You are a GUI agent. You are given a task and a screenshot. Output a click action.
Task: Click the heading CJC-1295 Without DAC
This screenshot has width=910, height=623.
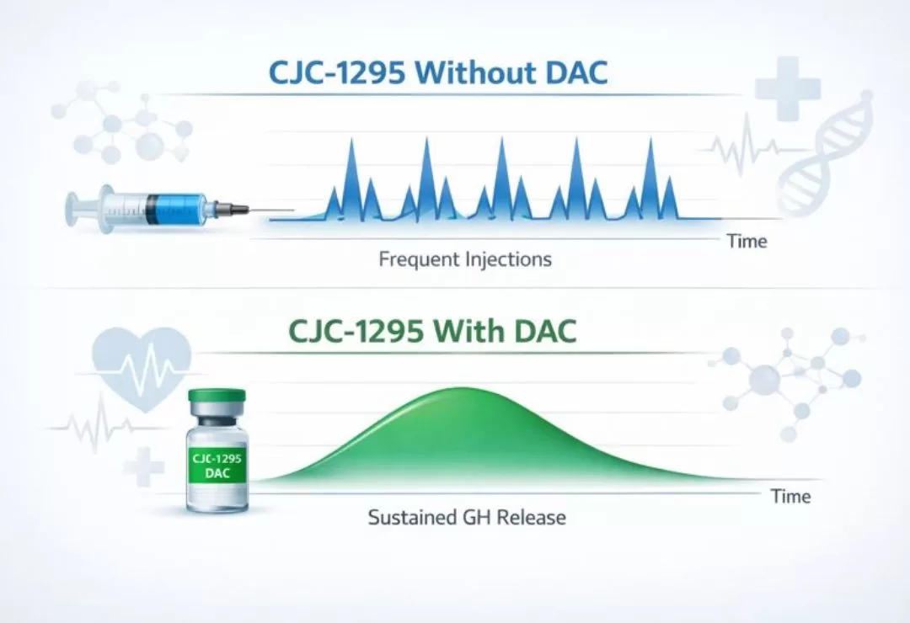(x=437, y=72)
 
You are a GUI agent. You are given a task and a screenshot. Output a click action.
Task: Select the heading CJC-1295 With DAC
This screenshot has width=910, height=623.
(x=431, y=331)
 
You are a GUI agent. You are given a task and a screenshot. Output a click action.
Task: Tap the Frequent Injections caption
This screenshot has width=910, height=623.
(x=464, y=258)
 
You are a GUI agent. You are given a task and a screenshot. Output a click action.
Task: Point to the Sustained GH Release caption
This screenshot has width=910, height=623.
(x=467, y=517)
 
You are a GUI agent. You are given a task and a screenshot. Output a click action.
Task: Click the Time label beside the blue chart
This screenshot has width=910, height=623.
(x=747, y=242)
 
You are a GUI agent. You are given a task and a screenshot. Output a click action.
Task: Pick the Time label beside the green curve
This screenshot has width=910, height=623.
(x=791, y=497)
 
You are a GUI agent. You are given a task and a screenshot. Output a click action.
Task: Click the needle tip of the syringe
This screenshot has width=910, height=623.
(x=291, y=210)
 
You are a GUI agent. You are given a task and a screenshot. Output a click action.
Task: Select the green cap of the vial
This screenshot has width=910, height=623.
(x=217, y=397)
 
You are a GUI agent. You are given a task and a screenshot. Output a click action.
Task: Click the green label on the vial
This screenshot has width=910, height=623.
(x=217, y=465)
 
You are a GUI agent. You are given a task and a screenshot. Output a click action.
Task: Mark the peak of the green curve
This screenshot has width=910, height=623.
(x=460, y=389)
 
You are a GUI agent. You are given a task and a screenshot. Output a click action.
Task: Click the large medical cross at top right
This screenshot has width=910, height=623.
(x=788, y=87)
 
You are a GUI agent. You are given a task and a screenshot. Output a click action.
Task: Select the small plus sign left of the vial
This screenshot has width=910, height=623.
(x=143, y=466)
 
